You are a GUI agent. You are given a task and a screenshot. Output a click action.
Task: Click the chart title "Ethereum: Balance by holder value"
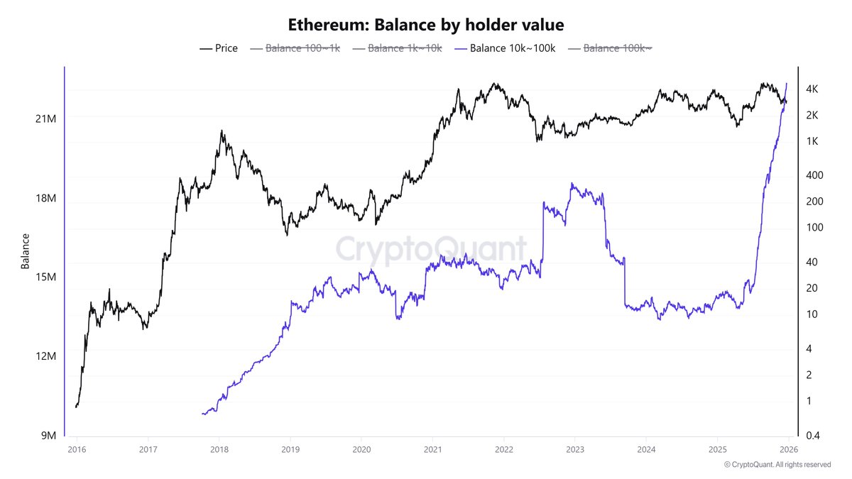(426, 25)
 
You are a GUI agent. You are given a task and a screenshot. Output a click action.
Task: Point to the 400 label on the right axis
(814, 175)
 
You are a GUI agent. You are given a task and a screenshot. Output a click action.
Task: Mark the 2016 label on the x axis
(76, 449)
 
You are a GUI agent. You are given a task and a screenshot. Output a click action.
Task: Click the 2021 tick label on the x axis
(432, 449)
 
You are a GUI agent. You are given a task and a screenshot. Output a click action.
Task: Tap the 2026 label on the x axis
(788, 449)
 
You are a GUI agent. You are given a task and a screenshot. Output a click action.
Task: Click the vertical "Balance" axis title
(26, 251)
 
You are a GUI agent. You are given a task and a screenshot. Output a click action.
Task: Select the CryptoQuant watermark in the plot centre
(431, 250)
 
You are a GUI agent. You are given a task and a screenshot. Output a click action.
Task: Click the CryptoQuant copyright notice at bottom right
(777, 465)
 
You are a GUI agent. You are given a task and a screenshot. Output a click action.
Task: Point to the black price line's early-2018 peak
(222, 131)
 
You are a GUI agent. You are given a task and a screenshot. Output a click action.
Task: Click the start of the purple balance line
(203, 413)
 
